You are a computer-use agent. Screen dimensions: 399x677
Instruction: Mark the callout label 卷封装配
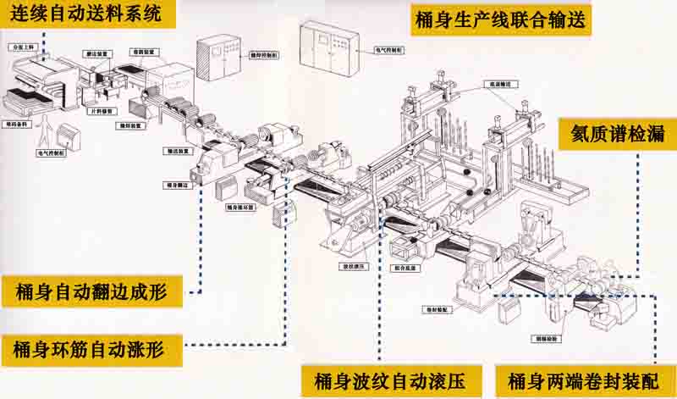[x=439, y=310]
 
